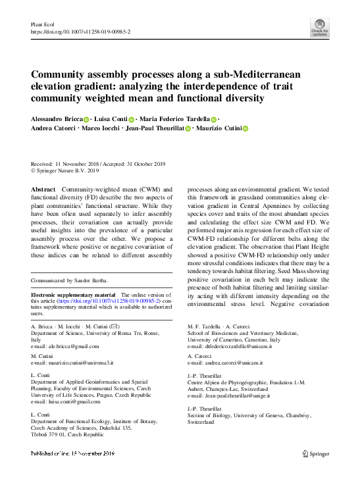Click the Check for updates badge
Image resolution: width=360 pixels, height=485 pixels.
coord(320,27)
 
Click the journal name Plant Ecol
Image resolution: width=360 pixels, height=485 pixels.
coord(42,24)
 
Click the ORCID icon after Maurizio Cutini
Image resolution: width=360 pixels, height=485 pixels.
coord(245,129)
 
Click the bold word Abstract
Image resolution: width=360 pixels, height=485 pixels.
coord(43,188)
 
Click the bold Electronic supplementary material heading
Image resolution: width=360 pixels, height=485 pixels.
coord(73,295)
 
